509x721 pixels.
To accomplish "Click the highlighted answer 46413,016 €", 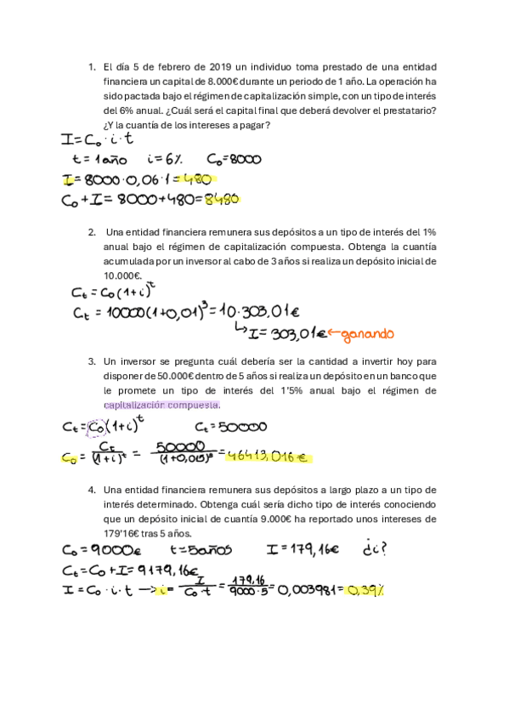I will point(267,457).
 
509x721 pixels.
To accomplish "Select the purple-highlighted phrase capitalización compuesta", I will point(161,405).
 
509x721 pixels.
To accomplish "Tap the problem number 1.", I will point(91,67).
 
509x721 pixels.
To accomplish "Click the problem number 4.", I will point(91,490).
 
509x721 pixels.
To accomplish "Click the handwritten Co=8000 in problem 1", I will point(234,158).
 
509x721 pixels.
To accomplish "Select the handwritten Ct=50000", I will point(231,427).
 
